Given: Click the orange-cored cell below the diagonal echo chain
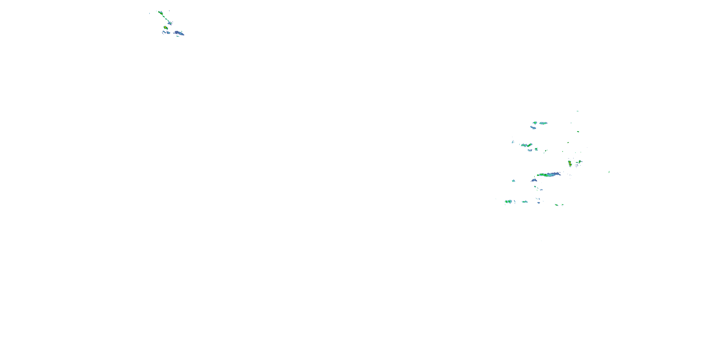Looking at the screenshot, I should pyautogui.click(x=165, y=27).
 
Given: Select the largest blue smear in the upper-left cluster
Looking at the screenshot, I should pyautogui.click(x=179, y=33).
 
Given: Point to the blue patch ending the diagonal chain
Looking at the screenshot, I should pyautogui.click(x=170, y=23).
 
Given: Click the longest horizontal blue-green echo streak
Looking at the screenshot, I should pyautogui.click(x=549, y=174).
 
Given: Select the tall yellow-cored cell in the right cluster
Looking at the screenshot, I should pyautogui.click(x=570, y=163).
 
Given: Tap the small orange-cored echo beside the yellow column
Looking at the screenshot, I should pyautogui.click(x=580, y=162).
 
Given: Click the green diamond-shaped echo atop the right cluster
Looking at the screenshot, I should pyautogui.click(x=535, y=123).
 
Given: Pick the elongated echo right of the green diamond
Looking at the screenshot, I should pyautogui.click(x=543, y=123).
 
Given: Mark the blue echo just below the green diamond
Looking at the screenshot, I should pyautogui.click(x=533, y=128).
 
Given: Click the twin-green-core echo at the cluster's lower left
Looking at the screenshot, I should pyautogui.click(x=508, y=202).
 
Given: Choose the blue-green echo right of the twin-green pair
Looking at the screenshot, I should pyautogui.click(x=525, y=202).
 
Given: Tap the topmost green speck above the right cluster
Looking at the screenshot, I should pyautogui.click(x=577, y=111).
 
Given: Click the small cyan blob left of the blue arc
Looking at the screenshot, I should pyautogui.click(x=513, y=181).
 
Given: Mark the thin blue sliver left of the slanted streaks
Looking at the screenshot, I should pyautogui.click(x=513, y=142).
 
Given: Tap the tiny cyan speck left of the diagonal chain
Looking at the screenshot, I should pyautogui.click(x=149, y=13).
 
